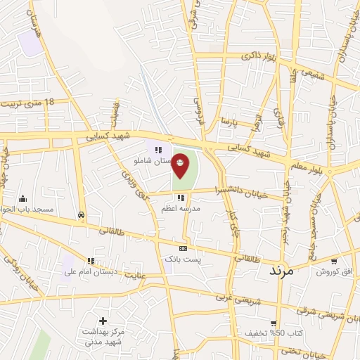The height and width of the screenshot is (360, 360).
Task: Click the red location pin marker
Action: point(181,165)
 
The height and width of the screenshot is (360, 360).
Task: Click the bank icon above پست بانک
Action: point(184,248)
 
